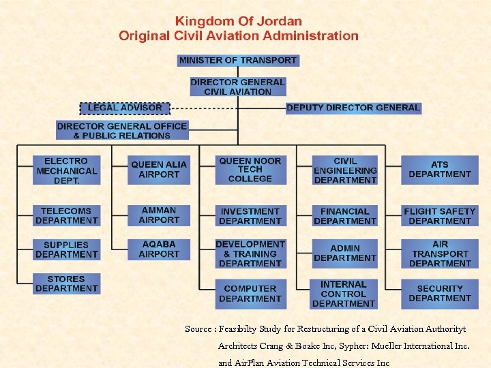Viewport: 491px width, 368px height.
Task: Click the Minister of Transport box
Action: pyautogui.click(x=237, y=60)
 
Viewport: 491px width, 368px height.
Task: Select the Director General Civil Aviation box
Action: pyautogui.click(x=237, y=87)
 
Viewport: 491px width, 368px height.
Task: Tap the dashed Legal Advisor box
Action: pyautogui.click(x=125, y=108)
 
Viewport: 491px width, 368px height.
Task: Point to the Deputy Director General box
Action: pyautogui.click(x=353, y=108)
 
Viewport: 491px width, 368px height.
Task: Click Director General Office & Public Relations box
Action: pyautogui.click(x=122, y=130)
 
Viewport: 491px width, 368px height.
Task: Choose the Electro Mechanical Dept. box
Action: pyautogui.click(x=67, y=170)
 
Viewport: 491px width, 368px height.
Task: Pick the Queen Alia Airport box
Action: pyautogui.click(x=159, y=170)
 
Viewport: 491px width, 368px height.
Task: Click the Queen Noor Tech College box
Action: pyautogui.click(x=250, y=170)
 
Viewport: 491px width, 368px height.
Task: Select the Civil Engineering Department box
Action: pyautogui.click(x=345, y=170)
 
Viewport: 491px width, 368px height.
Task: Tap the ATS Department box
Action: pyautogui.click(x=440, y=170)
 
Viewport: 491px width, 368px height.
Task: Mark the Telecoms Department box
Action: pyautogui.click(x=67, y=216)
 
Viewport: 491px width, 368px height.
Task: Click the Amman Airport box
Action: pyautogui.click(x=159, y=215)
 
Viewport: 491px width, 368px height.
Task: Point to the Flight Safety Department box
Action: pyautogui.click(x=440, y=216)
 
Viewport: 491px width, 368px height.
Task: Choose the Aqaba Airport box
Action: pyautogui.click(x=159, y=249)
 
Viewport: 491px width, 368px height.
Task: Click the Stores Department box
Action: pyautogui.click(x=67, y=283)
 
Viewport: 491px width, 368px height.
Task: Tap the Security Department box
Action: pyautogui.click(x=440, y=293)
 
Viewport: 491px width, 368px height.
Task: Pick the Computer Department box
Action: pyautogui.click(x=250, y=294)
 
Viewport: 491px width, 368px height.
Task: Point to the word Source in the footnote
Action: pyautogui.click(x=198, y=329)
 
